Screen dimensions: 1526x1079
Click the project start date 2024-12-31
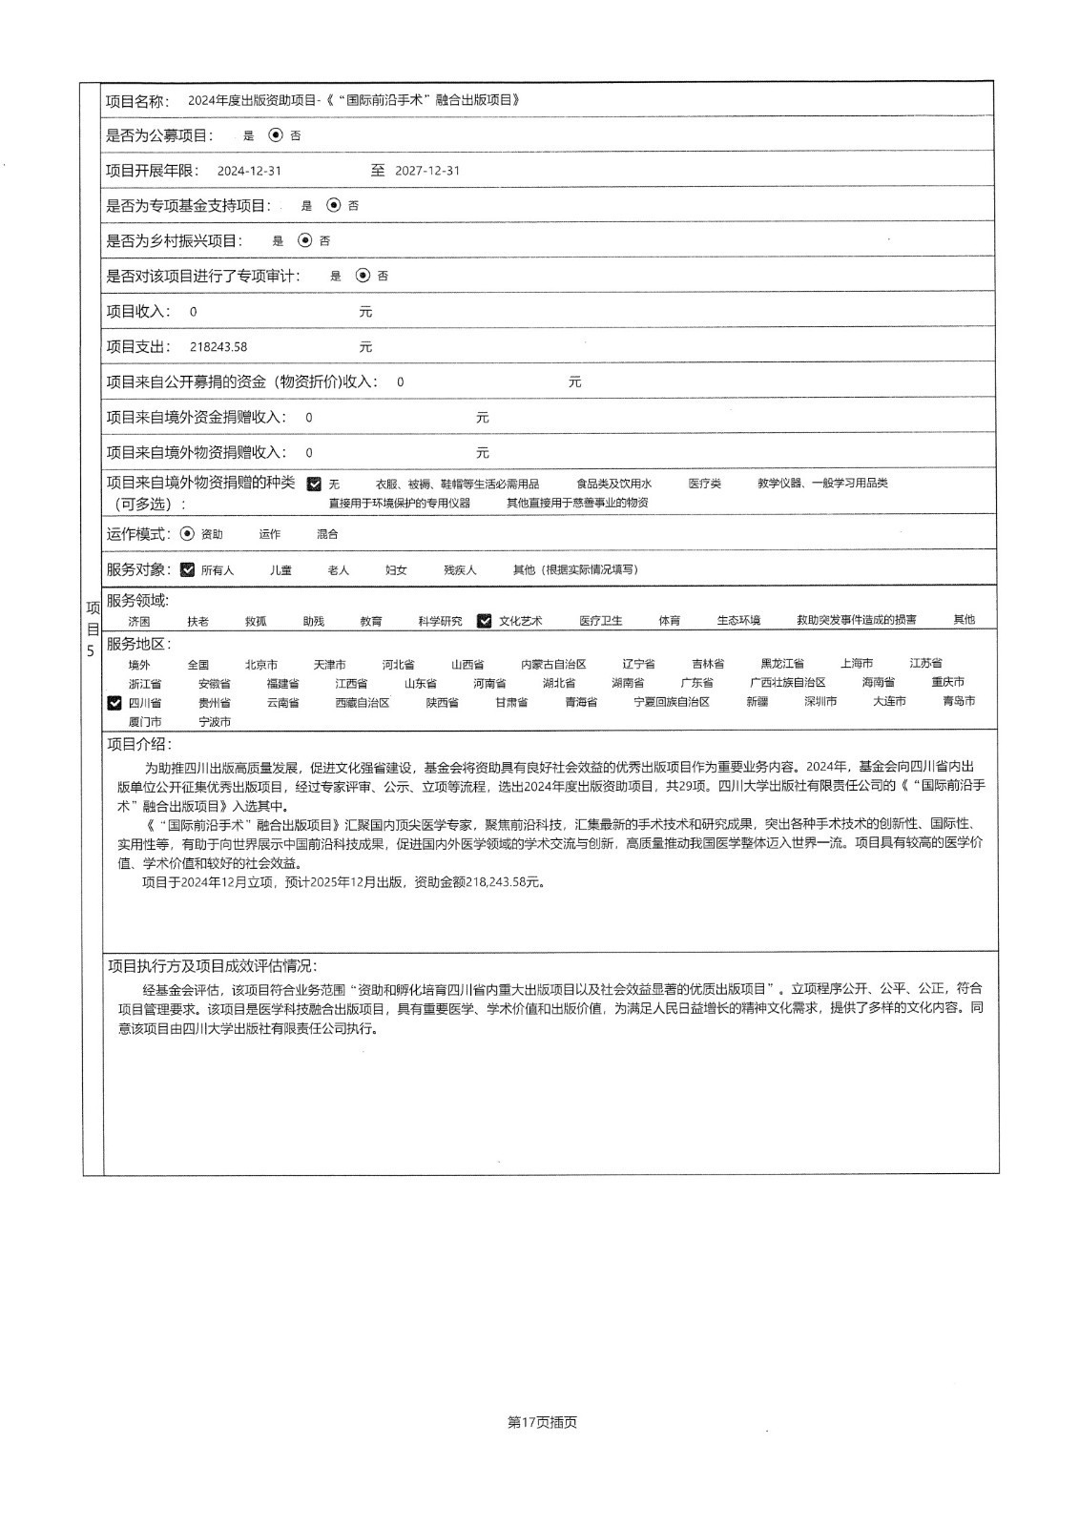pos(249,172)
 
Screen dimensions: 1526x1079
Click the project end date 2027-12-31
pos(427,172)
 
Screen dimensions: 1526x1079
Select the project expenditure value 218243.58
pos(218,347)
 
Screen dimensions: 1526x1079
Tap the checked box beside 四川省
pos(114,703)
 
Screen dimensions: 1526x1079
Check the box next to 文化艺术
pos(485,621)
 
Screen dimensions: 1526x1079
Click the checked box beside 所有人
pos(187,569)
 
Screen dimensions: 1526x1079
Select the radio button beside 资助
pos(187,534)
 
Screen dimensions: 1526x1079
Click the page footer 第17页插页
pos(542,1422)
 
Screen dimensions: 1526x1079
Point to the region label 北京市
pos(261,665)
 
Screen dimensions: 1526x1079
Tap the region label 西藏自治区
pos(362,703)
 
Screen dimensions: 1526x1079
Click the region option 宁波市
pos(215,722)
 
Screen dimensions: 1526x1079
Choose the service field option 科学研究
pos(440,621)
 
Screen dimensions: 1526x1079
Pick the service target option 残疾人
pos(460,570)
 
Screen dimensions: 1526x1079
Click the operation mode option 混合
pos(327,535)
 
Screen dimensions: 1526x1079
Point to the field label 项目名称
pos(137,101)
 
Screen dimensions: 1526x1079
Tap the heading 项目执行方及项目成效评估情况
pos(213,966)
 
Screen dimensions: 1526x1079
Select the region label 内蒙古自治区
pos(553,665)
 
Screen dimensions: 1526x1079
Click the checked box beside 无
pos(314,484)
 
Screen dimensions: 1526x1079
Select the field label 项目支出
pos(137,347)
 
